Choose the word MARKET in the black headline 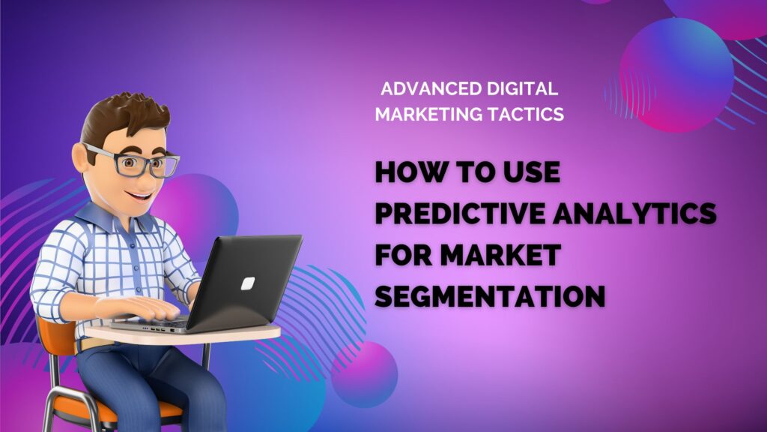point(500,255)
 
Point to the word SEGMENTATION point(490,296)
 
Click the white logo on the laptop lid point(248,283)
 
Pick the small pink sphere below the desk point(365,374)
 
